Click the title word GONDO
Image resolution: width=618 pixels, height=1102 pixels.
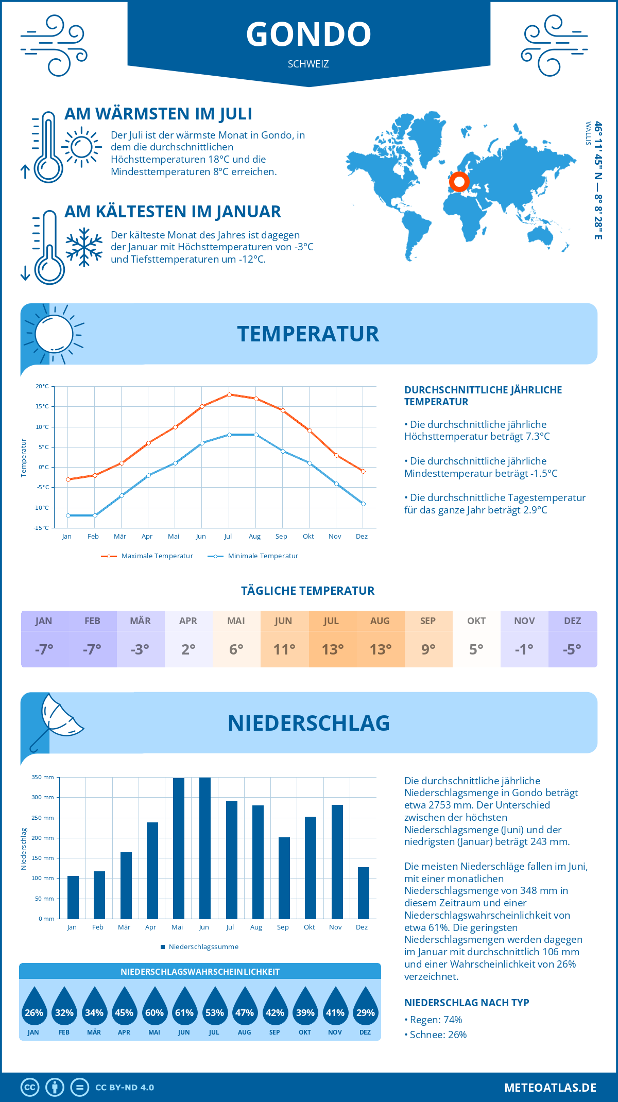pyautogui.click(x=308, y=35)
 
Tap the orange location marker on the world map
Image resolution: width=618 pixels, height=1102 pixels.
pyautogui.click(x=459, y=182)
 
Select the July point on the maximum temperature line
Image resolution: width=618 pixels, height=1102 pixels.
pyautogui.click(x=229, y=394)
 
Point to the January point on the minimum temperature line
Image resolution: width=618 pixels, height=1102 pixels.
pyautogui.click(x=68, y=515)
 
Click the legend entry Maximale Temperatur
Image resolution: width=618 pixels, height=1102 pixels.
pyautogui.click(x=147, y=556)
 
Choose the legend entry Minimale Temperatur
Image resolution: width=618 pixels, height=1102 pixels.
pyautogui.click(x=253, y=556)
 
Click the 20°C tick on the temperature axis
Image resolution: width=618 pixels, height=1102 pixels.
pyautogui.click(x=42, y=386)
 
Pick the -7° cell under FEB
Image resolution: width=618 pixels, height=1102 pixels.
pyautogui.click(x=92, y=649)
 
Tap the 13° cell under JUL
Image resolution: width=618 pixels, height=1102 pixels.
pyautogui.click(x=332, y=649)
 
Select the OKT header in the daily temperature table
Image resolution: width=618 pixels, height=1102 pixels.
pyautogui.click(x=476, y=621)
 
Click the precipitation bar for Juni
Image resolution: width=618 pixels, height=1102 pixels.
pyautogui.click(x=204, y=848)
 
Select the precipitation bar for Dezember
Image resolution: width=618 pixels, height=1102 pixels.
pyautogui.click(x=364, y=892)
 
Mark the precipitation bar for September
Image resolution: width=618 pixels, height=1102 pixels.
pyautogui.click(x=284, y=877)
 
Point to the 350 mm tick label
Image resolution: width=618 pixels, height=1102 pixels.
pyautogui.click(x=43, y=778)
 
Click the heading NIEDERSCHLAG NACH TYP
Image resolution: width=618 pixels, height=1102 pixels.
pyautogui.click(x=467, y=1003)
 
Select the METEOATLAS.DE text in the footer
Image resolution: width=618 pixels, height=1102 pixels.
pyautogui.click(x=550, y=1088)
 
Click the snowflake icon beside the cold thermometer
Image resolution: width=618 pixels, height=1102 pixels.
pyautogui.click(x=84, y=247)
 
